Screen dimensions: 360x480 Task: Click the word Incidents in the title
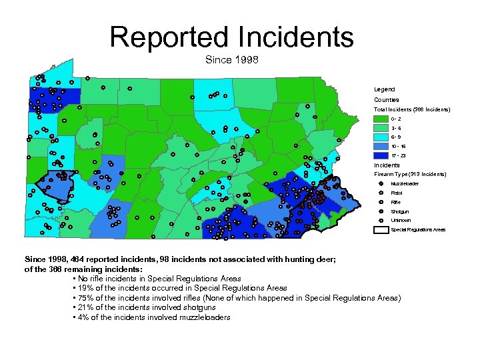click(x=295, y=37)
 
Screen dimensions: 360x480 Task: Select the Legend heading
click(x=384, y=89)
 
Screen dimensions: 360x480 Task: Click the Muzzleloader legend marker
click(x=379, y=183)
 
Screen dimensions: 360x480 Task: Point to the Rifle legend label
click(x=396, y=202)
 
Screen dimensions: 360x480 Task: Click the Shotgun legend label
click(x=400, y=211)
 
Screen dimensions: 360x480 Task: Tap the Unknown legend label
click(x=401, y=221)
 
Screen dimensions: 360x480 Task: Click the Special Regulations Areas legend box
click(x=380, y=230)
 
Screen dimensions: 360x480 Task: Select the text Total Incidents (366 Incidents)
click(x=411, y=109)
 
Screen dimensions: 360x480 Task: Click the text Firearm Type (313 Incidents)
click(x=410, y=174)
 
